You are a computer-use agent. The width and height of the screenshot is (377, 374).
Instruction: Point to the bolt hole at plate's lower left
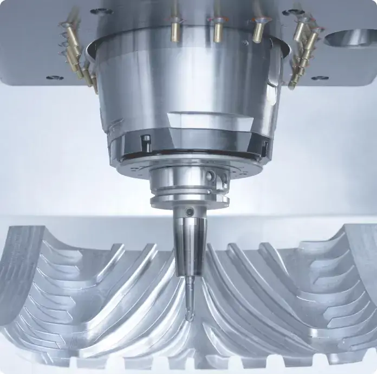(54, 78)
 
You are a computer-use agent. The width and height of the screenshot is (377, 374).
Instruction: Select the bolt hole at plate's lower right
(320, 78)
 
